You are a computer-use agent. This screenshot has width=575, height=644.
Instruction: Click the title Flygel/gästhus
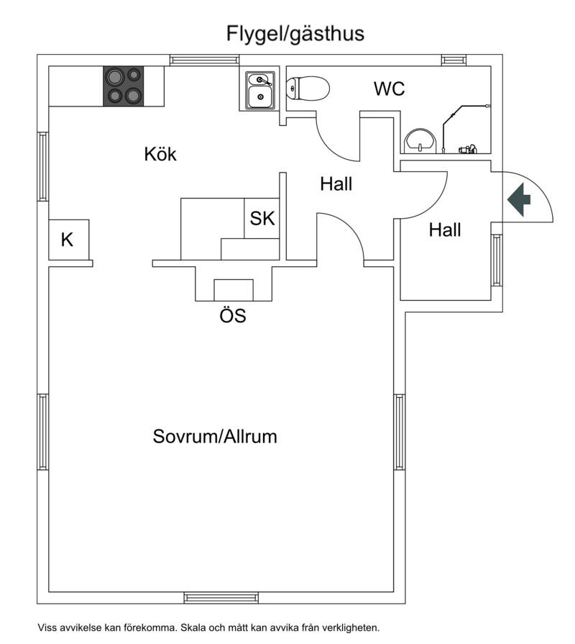pyautogui.click(x=295, y=33)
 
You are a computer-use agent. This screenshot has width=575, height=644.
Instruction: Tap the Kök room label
pyautogui.click(x=160, y=154)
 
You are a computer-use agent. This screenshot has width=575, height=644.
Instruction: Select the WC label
pyautogui.click(x=389, y=89)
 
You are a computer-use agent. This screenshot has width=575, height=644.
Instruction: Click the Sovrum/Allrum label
pyautogui.click(x=215, y=436)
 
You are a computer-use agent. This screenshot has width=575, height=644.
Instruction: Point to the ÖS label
pyautogui.click(x=233, y=315)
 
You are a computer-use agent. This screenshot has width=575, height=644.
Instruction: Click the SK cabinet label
pyautogui.click(x=262, y=219)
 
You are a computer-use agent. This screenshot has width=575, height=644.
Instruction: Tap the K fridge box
pyautogui.click(x=68, y=240)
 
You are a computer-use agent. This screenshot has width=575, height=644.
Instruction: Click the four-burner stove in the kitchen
pyautogui.click(x=122, y=86)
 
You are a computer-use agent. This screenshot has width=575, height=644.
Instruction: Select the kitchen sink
pyautogui.click(x=259, y=91)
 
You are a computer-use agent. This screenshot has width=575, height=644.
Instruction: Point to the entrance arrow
pyautogui.click(x=519, y=200)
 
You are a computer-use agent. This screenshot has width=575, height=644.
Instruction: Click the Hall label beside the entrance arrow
pyautogui.click(x=445, y=230)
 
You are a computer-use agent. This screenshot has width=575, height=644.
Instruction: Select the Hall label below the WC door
pyautogui.click(x=336, y=184)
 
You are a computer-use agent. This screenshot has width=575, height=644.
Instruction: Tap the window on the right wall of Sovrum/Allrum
pyautogui.click(x=399, y=432)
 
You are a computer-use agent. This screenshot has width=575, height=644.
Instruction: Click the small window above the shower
pyautogui.click(x=454, y=60)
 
